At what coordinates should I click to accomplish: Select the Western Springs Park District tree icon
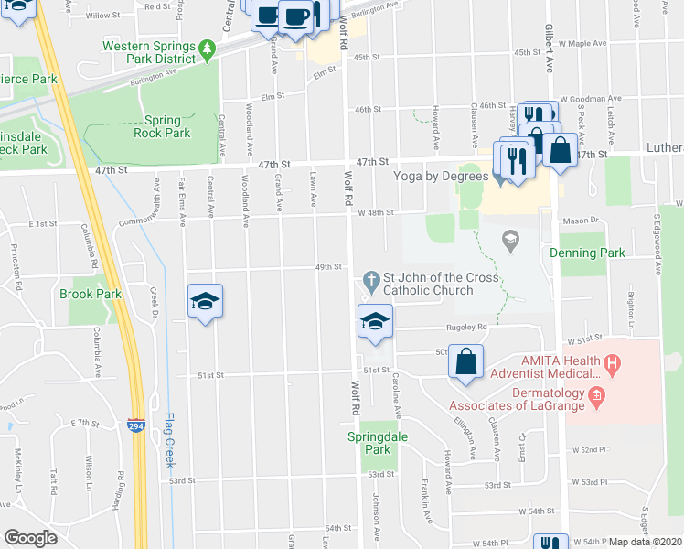click(x=208, y=46)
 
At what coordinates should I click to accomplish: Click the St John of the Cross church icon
click(x=371, y=278)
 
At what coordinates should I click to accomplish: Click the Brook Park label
click(x=91, y=294)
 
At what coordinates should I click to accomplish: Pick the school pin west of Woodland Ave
click(x=206, y=301)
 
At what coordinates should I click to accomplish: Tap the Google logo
click(x=30, y=538)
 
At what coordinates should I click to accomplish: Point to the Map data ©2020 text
click(x=645, y=542)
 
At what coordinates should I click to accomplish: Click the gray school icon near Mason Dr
click(x=509, y=242)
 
